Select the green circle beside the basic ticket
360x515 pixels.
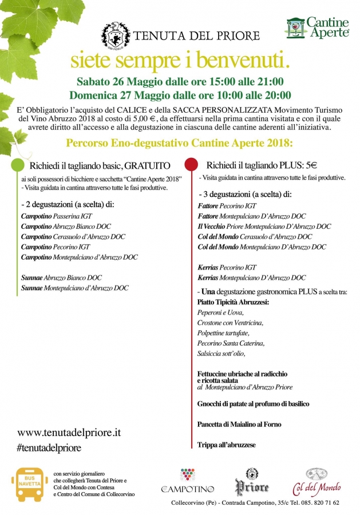click(18, 165)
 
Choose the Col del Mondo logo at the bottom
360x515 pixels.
click(317, 481)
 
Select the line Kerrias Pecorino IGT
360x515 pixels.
click(227, 267)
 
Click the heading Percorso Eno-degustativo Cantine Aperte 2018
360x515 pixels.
click(179, 142)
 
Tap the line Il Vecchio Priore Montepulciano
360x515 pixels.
click(264, 227)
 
